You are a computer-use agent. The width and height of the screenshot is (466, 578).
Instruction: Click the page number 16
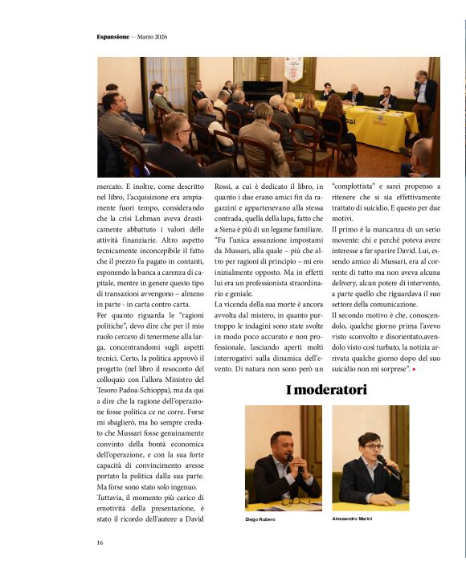tap(100, 543)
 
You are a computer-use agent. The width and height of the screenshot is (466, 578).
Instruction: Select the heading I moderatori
tap(326, 391)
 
